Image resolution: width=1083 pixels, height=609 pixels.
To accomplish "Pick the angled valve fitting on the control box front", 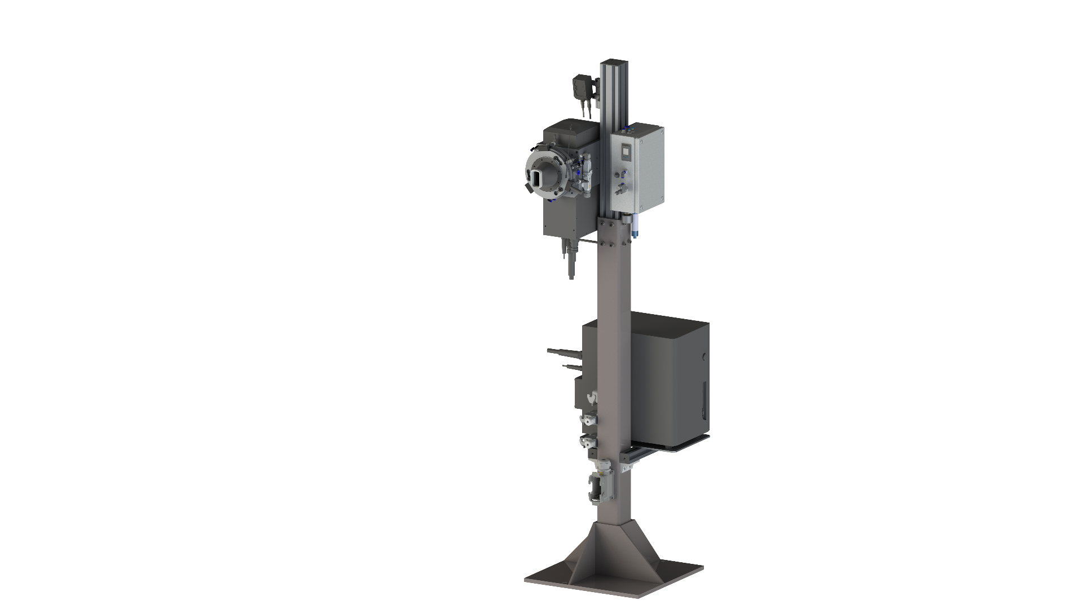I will tap(621, 188).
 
